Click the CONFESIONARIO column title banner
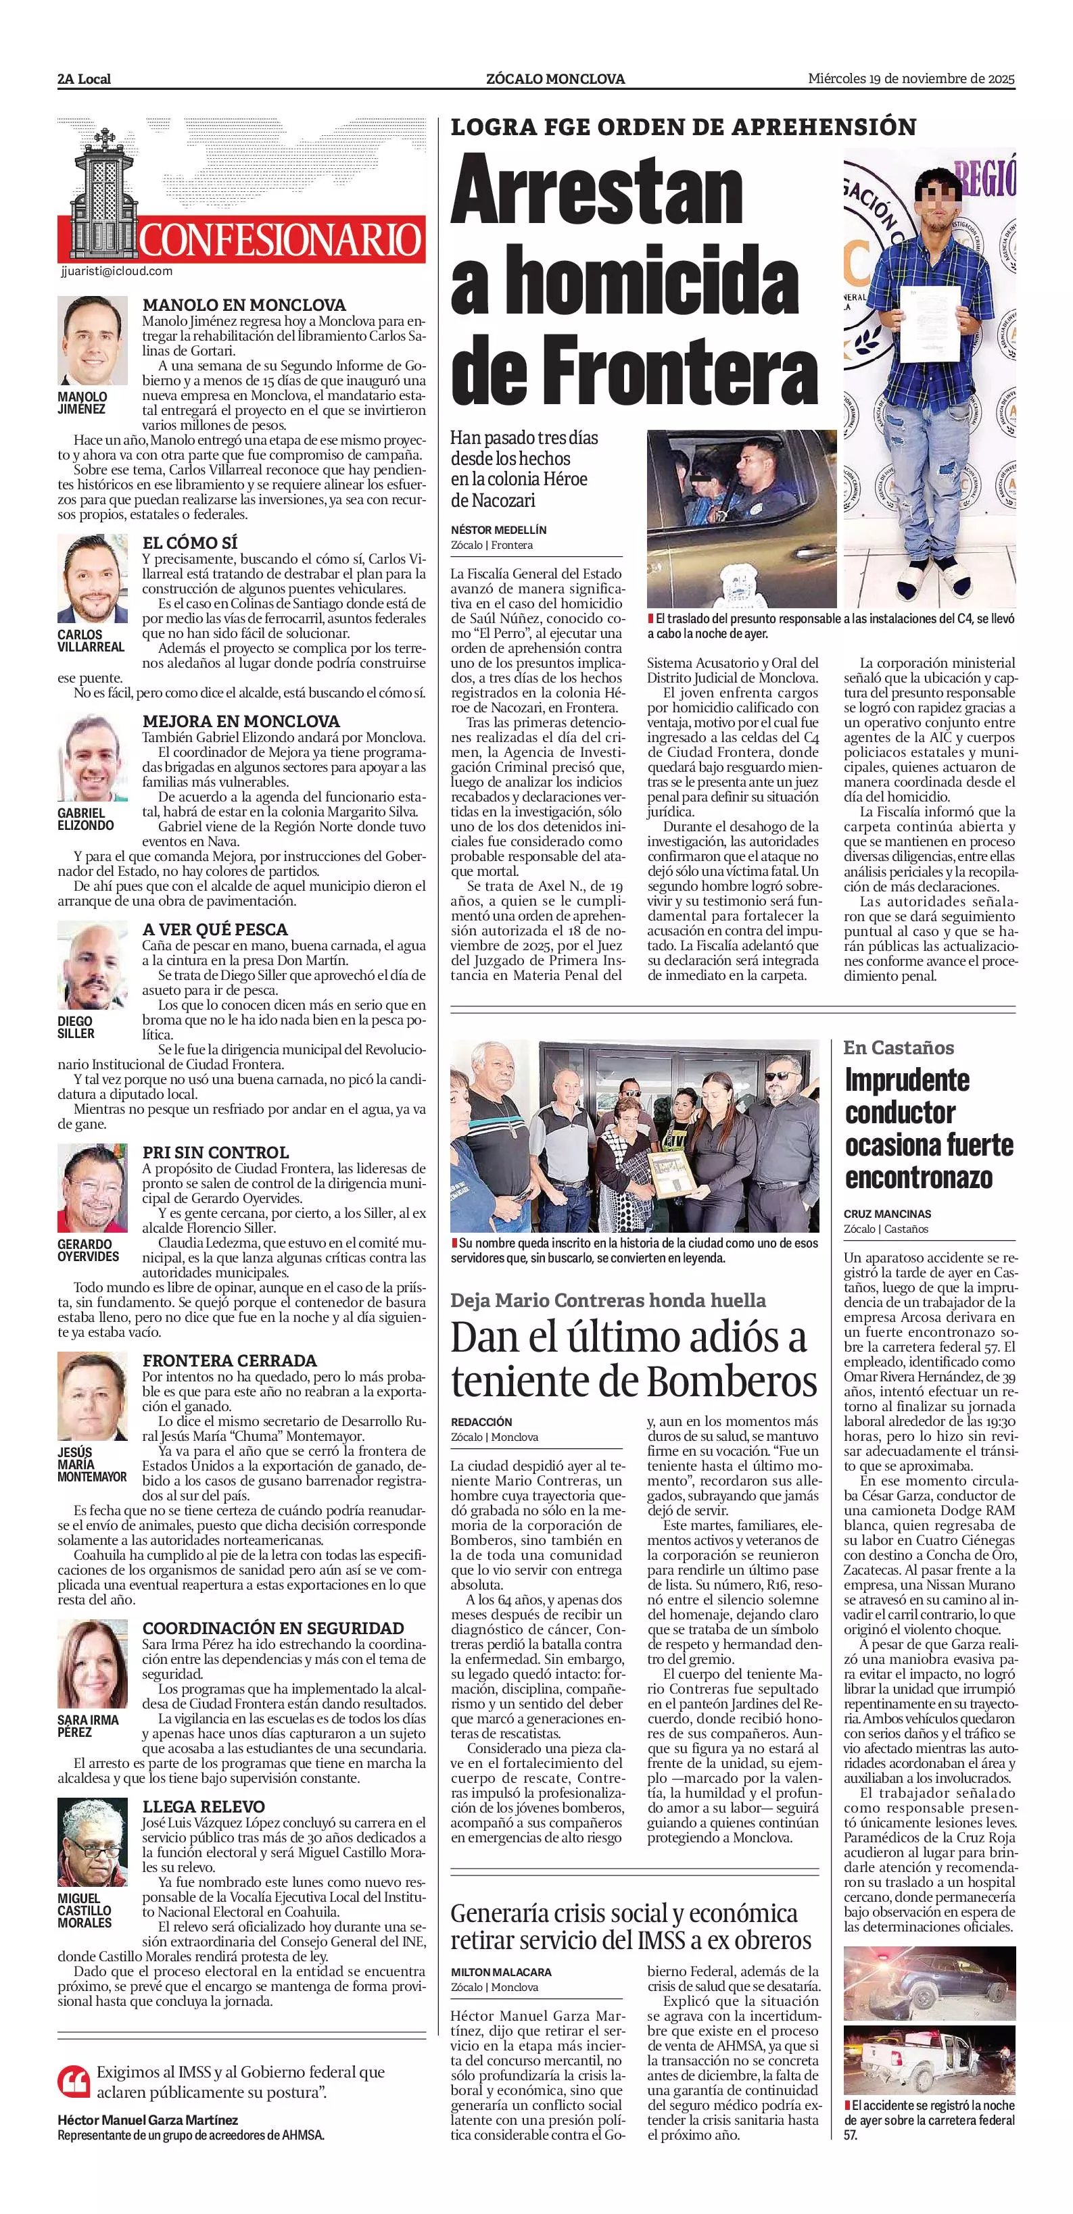pyautogui.click(x=279, y=240)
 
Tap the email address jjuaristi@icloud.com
pyautogui.click(x=116, y=271)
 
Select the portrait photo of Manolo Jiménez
pyautogui.click(x=92, y=341)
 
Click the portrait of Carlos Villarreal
pyautogui.click(x=92, y=579)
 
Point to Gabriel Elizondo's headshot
pyautogui.click(x=92, y=757)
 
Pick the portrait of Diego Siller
pyautogui.click(x=92, y=965)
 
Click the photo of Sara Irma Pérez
pyautogui.click(x=92, y=1664)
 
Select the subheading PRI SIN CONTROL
pyautogui.click(x=215, y=1152)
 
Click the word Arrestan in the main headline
pyautogui.click(x=597, y=193)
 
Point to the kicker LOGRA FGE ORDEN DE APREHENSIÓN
pyautogui.click(x=684, y=127)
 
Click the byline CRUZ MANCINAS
pyautogui.click(x=887, y=1214)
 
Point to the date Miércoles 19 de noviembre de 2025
pyautogui.click(x=911, y=79)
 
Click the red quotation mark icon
pyautogui.click(x=73, y=2080)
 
